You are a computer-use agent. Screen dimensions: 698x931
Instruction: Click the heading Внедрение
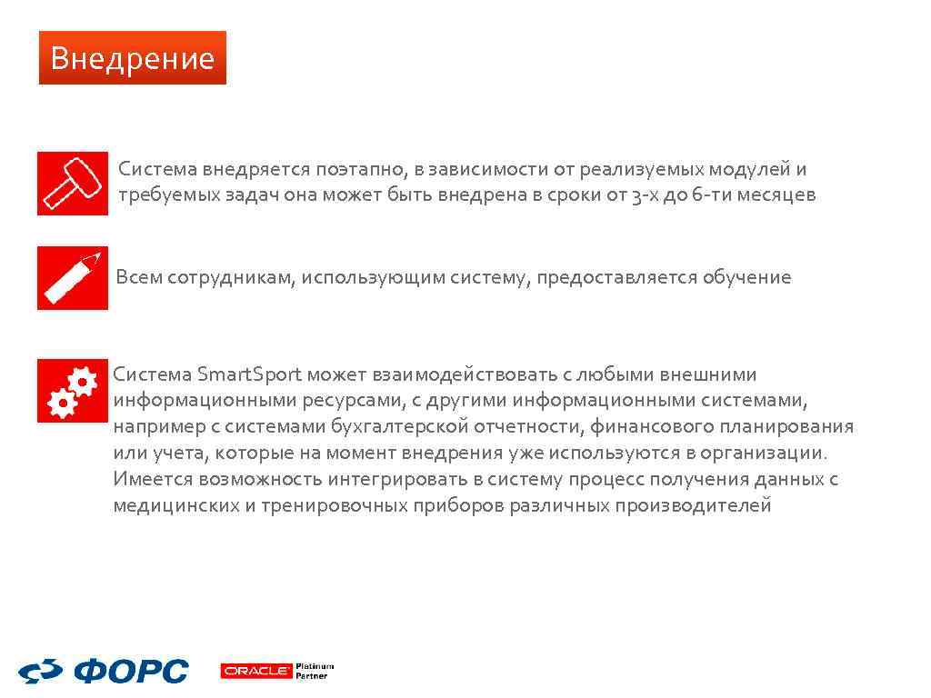click(x=132, y=58)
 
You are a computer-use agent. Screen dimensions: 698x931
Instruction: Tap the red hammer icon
click(x=73, y=184)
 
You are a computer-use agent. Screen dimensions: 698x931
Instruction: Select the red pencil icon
click(x=73, y=278)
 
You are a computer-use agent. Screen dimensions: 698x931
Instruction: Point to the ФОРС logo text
click(x=131, y=673)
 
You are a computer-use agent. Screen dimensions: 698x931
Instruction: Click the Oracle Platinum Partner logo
click(x=277, y=672)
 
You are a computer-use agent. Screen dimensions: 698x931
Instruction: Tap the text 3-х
click(x=645, y=195)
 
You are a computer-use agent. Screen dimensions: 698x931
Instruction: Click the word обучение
click(x=746, y=277)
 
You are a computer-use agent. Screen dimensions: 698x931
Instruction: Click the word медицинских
click(x=175, y=506)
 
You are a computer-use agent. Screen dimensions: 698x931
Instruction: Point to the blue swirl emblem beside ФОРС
click(x=40, y=673)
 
